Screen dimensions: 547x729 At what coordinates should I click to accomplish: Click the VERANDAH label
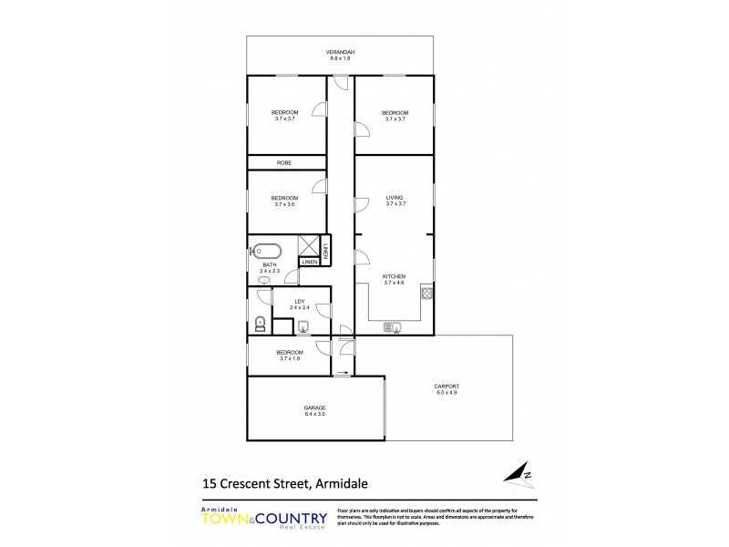(340, 53)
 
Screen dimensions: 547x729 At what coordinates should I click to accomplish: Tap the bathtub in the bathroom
(267, 249)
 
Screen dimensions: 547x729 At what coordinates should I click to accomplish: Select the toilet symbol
(260, 321)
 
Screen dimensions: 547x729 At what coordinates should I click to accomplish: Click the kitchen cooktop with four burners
(426, 294)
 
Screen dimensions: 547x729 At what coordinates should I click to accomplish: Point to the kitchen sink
(395, 326)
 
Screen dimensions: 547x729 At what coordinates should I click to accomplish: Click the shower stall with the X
(308, 246)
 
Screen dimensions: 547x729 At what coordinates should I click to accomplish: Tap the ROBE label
(284, 162)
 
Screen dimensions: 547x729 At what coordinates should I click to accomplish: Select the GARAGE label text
(315, 408)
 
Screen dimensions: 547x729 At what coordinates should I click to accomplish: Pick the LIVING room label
(395, 197)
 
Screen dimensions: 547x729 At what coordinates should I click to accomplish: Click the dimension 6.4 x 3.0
(315, 414)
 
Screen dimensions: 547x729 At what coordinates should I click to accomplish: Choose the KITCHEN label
(395, 277)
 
